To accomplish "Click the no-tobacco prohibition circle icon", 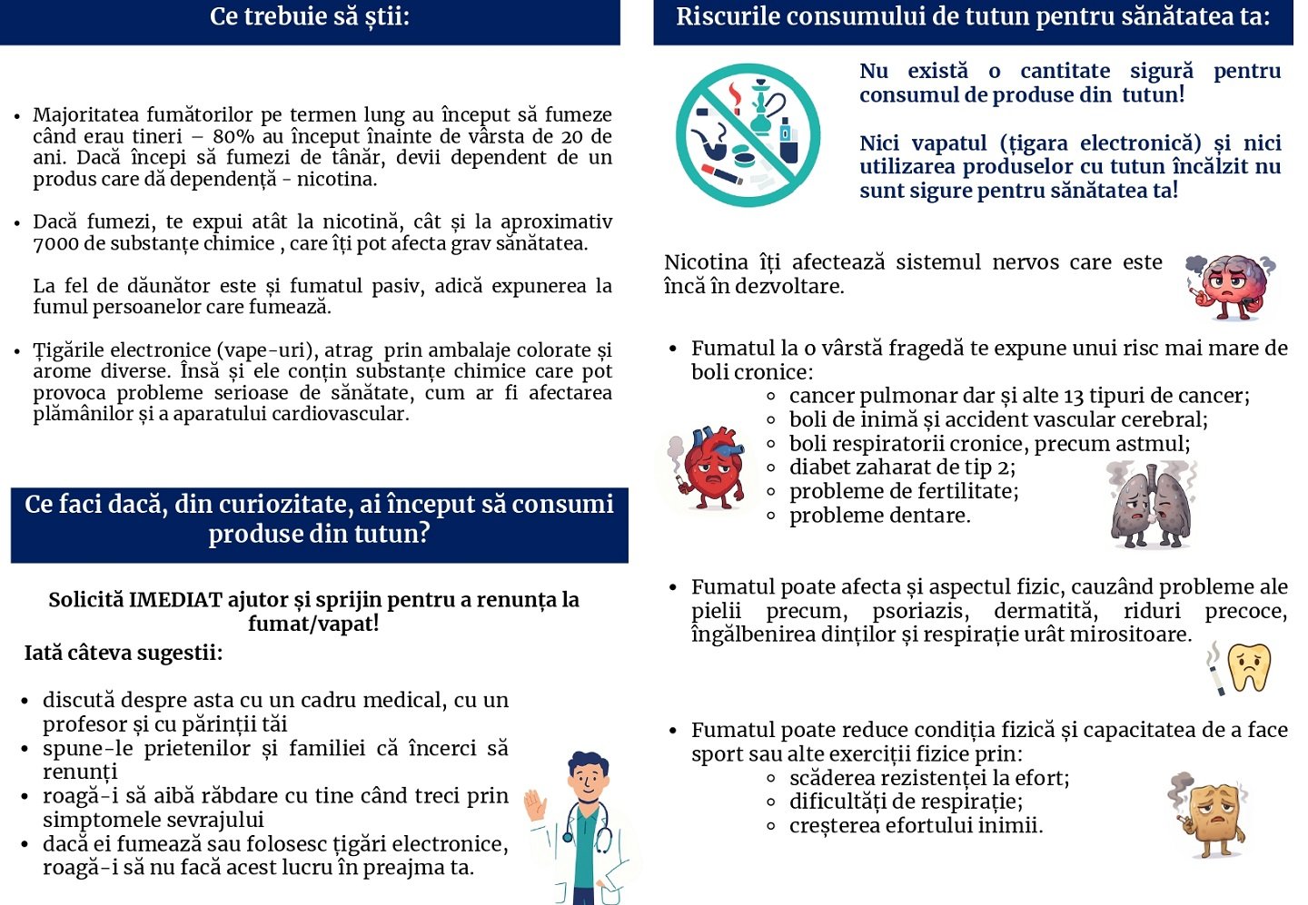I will (x=748, y=134).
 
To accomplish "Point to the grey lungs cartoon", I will (x=1152, y=505).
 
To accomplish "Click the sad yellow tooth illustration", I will (x=1249, y=667).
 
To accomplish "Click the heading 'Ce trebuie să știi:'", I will (x=310, y=16).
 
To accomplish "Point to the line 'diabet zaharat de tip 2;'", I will (x=902, y=467).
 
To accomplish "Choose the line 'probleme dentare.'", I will (x=879, y=516).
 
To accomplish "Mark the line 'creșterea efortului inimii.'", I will (x=916, y=826).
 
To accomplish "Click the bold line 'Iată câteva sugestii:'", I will (x=124, y=653).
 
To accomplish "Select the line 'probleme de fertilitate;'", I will (x=904, y=491).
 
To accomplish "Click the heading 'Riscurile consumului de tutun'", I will (x=972, y=16).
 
